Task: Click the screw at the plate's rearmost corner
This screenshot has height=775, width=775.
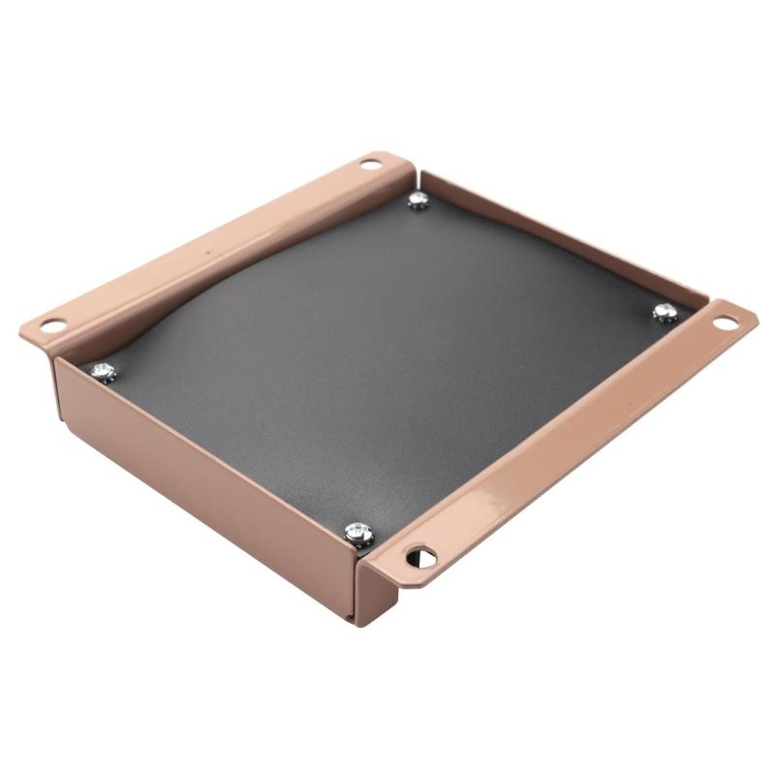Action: click(418, 200)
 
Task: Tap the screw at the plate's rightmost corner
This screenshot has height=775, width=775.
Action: click(664, 312)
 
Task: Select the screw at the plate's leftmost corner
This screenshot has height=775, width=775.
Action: click(103, 370)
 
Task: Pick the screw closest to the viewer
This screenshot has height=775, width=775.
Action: click(358, 532)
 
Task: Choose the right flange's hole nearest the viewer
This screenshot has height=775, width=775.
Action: click(420, 556)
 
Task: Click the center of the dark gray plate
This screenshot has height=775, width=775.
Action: click(387, 358)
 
